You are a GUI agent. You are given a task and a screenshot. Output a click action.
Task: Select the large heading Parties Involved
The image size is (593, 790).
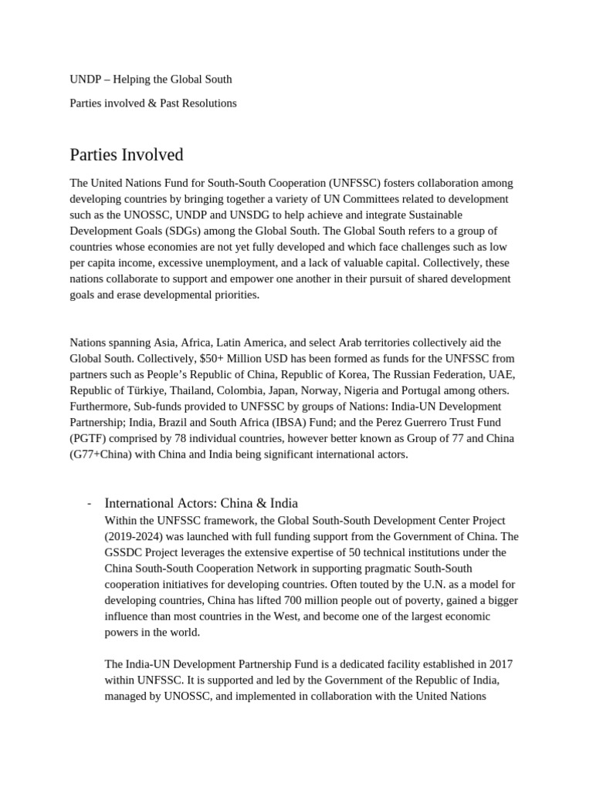(127, 154)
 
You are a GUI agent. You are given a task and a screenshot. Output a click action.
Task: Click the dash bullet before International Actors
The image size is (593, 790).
(90, 504)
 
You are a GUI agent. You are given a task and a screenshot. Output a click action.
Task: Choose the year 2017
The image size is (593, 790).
(500, 664)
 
